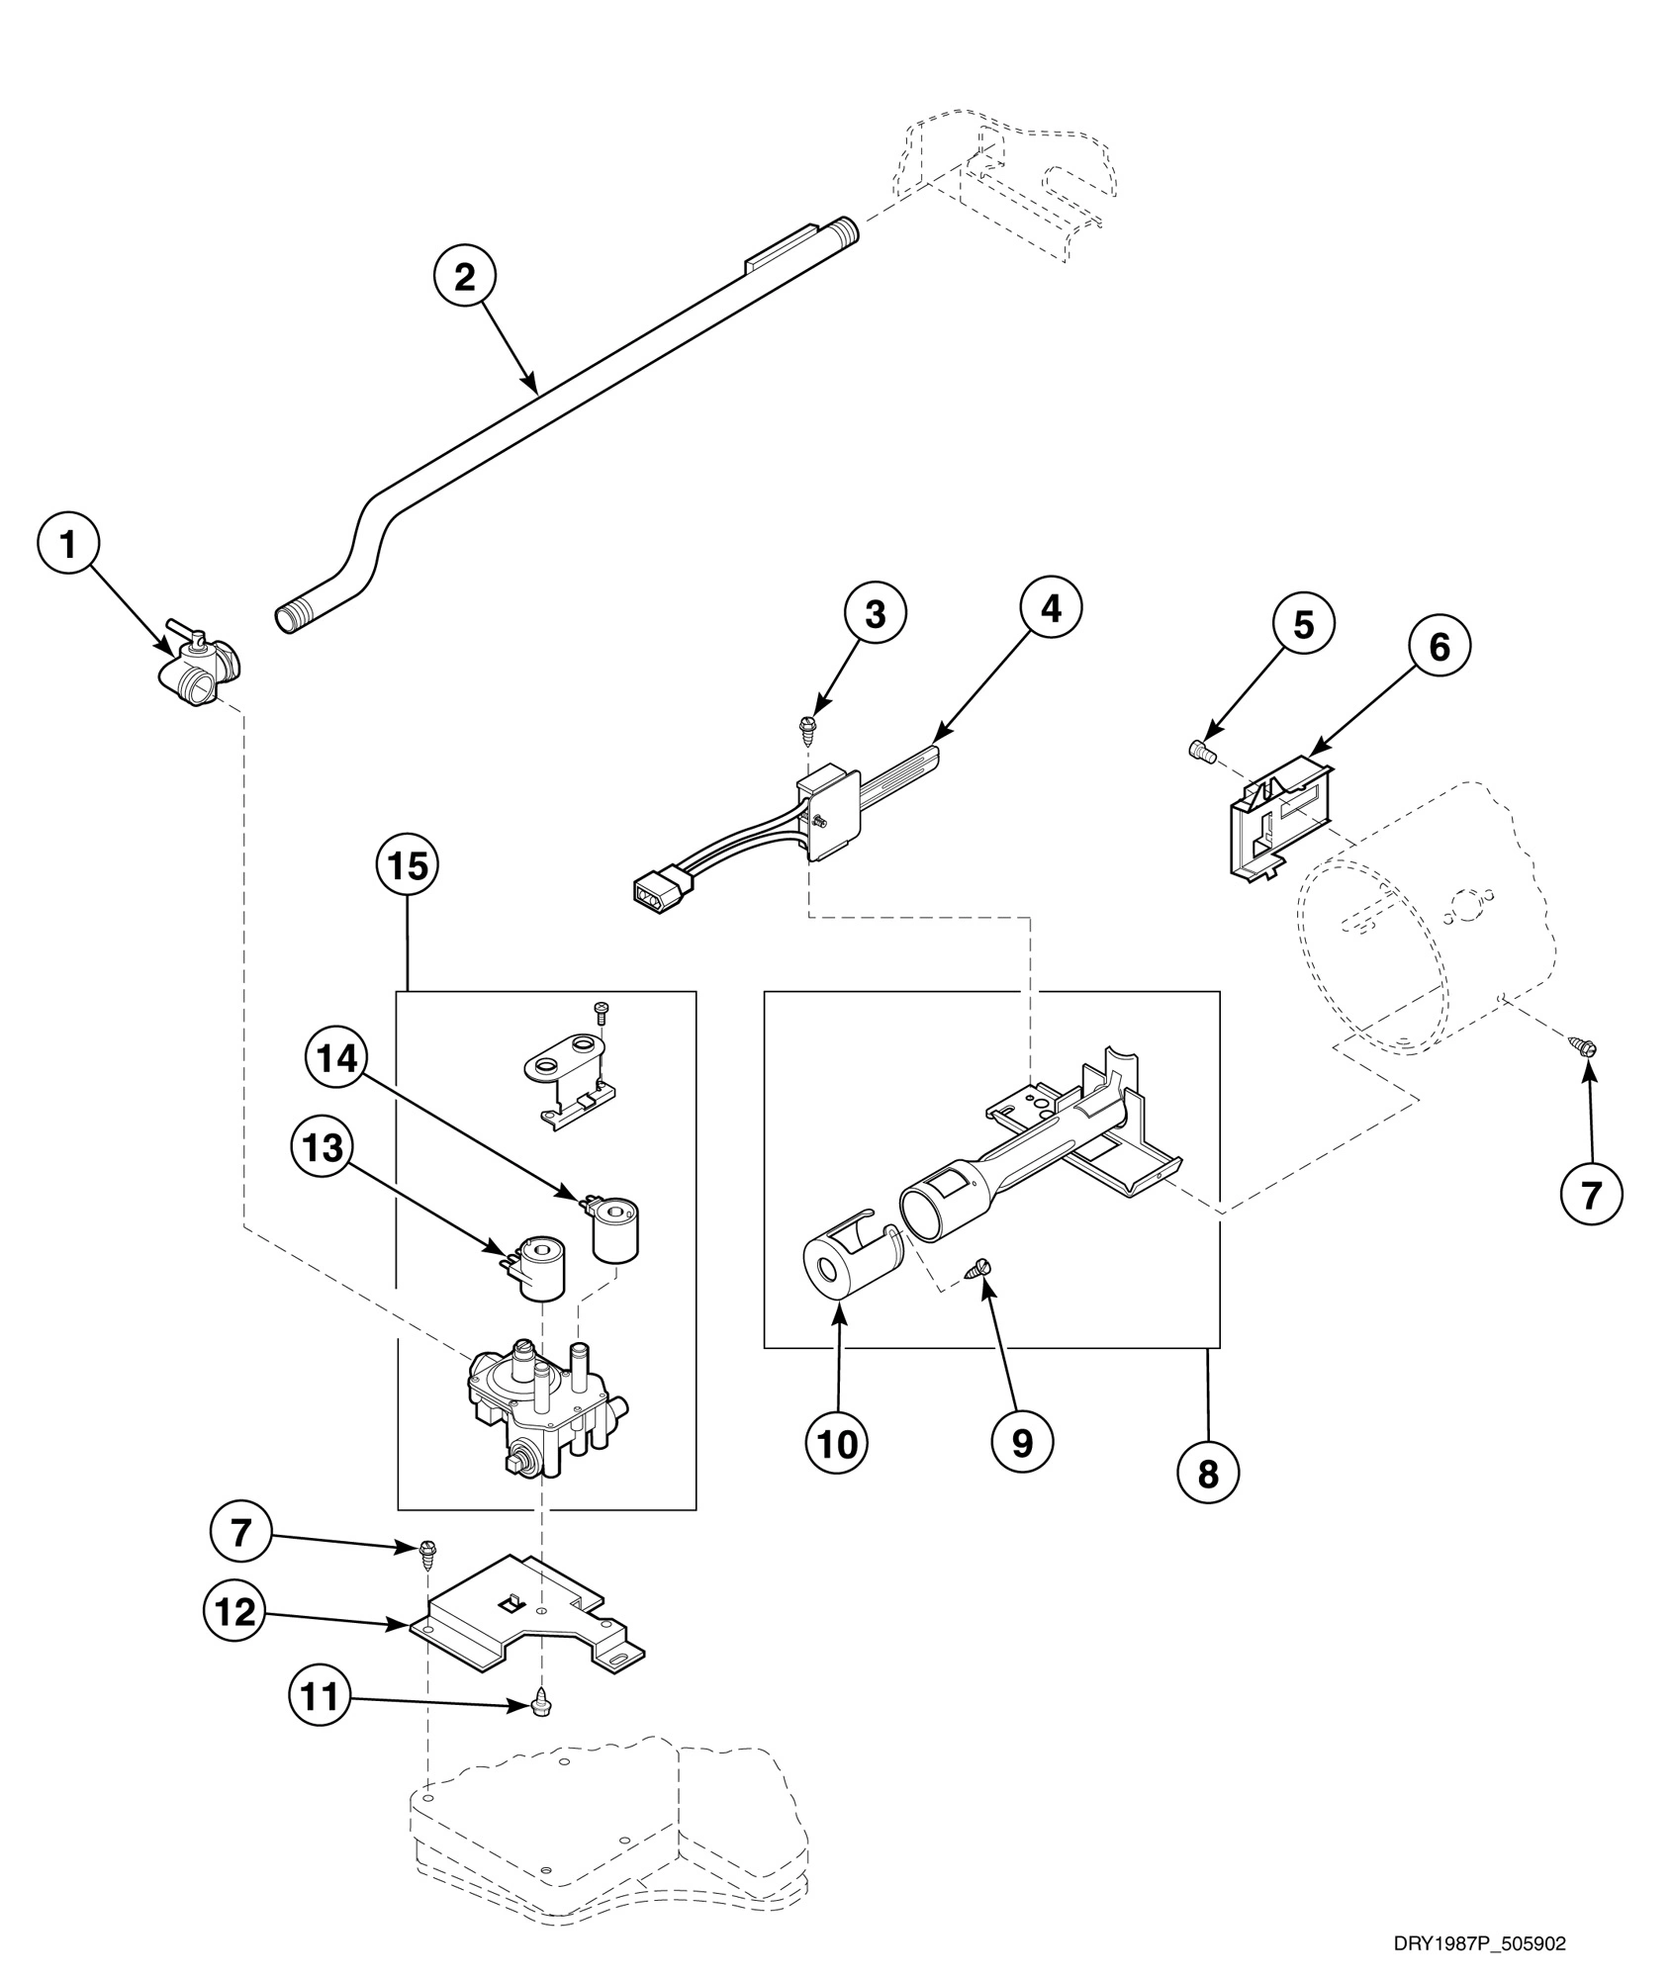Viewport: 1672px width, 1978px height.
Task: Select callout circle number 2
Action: click(x=464, y=277)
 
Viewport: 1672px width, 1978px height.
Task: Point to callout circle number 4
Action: click(x=1051, y=608)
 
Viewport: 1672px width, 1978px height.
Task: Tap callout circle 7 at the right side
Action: click(x=1591, y=1196)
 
